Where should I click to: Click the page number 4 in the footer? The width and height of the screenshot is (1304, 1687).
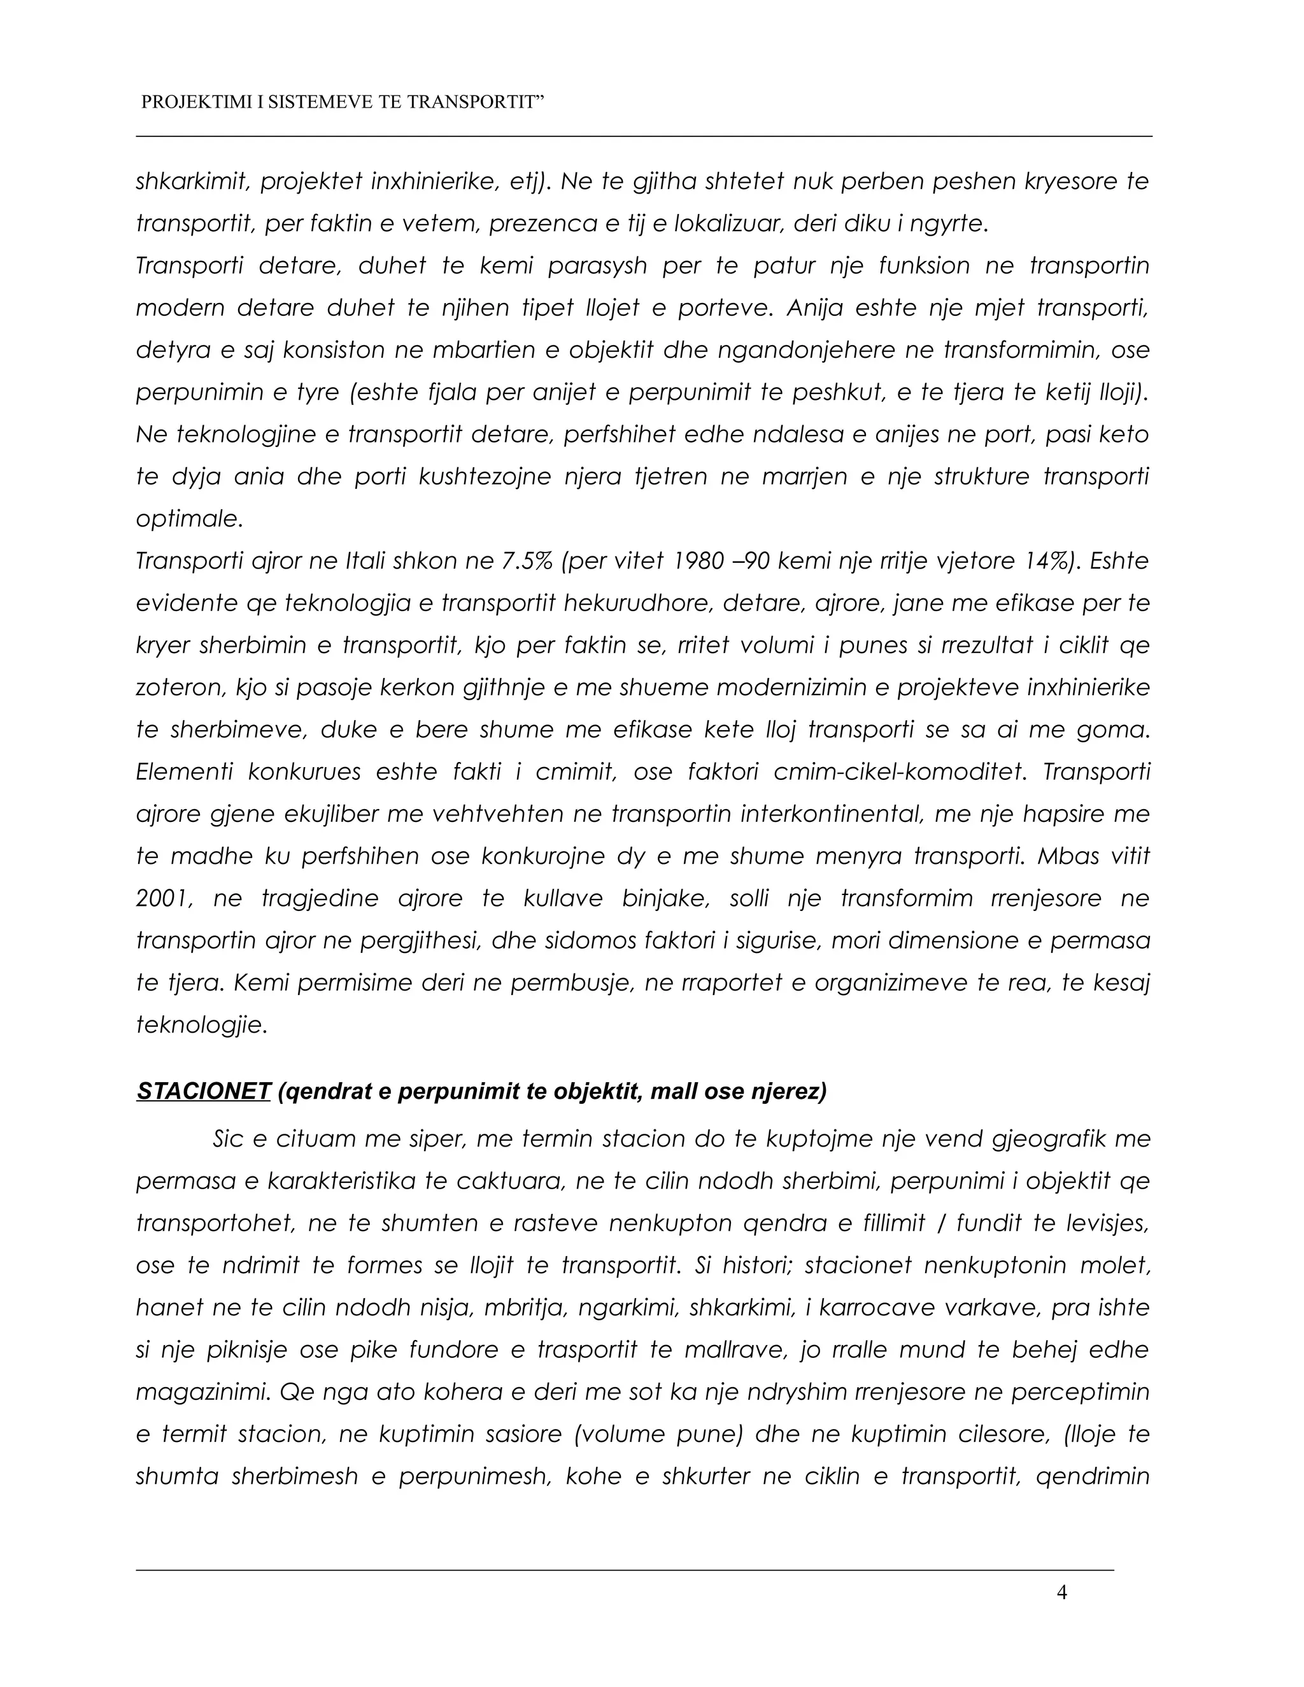[x=1061, y=1592]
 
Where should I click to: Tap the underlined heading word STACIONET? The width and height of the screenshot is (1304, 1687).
[x=203, y=1091]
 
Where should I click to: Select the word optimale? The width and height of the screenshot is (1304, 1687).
[x=189, y=519]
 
